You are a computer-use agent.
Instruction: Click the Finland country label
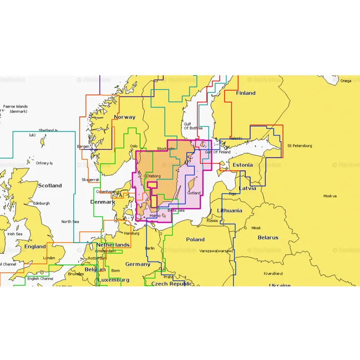[x=246, y=93]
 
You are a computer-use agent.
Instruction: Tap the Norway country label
[x=125, y=117]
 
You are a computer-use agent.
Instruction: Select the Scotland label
[x=49, y=185]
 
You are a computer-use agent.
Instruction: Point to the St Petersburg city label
[x=299, y=146]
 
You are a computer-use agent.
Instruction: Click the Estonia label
[x=243, y=165]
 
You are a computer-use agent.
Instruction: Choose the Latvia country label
[x=247, y=188]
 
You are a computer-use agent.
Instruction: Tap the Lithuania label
[x=229, y=211]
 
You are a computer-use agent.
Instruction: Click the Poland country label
[x=195, y=239]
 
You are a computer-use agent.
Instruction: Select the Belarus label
[x=268, y=238]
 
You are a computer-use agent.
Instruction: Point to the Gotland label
[x=194, y=193]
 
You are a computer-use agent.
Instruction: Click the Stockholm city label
[x=166, y=149]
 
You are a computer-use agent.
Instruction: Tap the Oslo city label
[x=134, y=146]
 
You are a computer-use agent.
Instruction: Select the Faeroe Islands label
[x=16, y=109]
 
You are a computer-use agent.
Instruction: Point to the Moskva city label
[x=330, y=196]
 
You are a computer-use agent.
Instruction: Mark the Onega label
[x=346, y=81]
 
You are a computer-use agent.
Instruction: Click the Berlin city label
[x=150, y=248]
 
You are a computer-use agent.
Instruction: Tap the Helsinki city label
[x=236, y=138]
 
